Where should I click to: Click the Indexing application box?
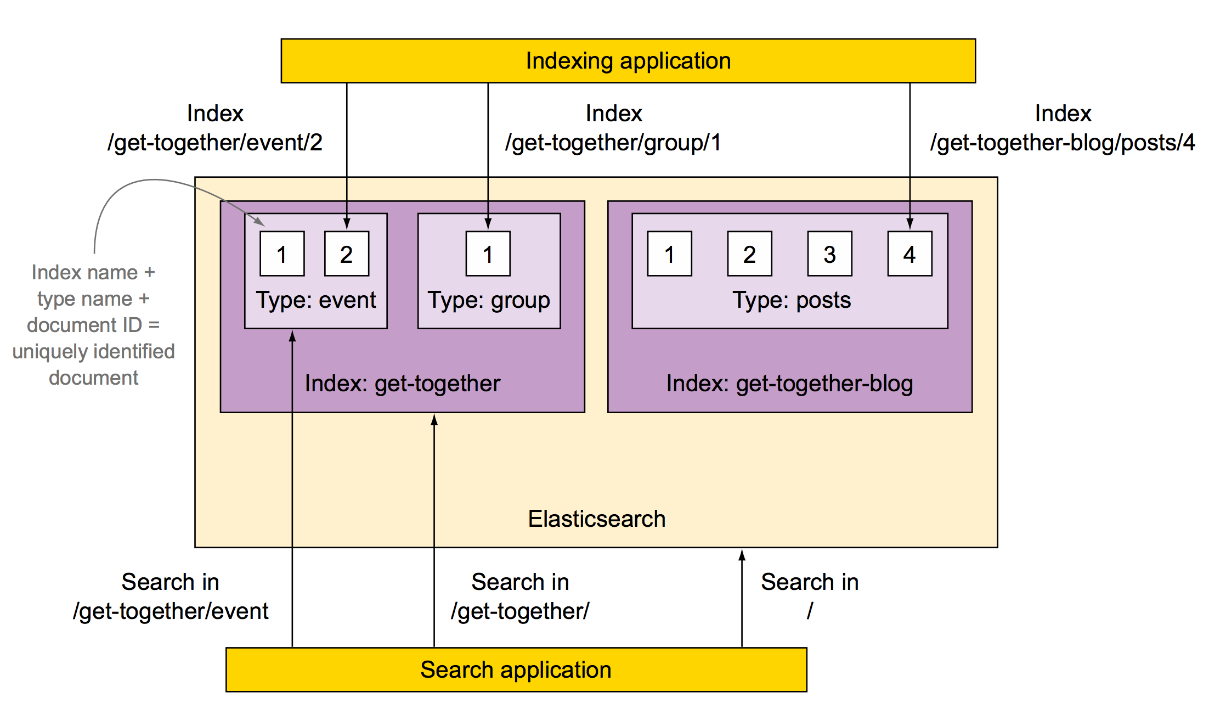[x=628, y=61]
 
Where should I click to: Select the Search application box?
[x=516, y=669]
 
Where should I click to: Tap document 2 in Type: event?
[x=346, y=254]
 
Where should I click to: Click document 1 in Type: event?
[x=282, y=254]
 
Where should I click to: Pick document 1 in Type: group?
[x=488, y=254]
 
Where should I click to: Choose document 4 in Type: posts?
[x=909, y=254]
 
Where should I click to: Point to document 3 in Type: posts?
[x=829, y=254]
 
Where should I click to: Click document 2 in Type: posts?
[x=749, y=254]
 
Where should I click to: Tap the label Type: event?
[x=316, y=300]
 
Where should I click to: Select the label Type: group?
[x=489, y=300]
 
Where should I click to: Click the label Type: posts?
[x=792, y=300]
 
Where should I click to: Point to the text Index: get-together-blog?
[x=789, y=384]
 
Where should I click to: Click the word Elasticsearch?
[x=596, y=519]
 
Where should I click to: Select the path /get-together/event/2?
[x=215, y=143]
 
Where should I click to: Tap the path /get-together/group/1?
[x=613, y=143]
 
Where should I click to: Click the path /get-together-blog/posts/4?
[x=1063, y=143]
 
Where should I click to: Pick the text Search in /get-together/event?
[x=171, y=597]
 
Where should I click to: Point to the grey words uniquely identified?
[x=93, y=351]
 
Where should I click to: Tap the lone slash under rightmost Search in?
[x=810, y=611]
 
